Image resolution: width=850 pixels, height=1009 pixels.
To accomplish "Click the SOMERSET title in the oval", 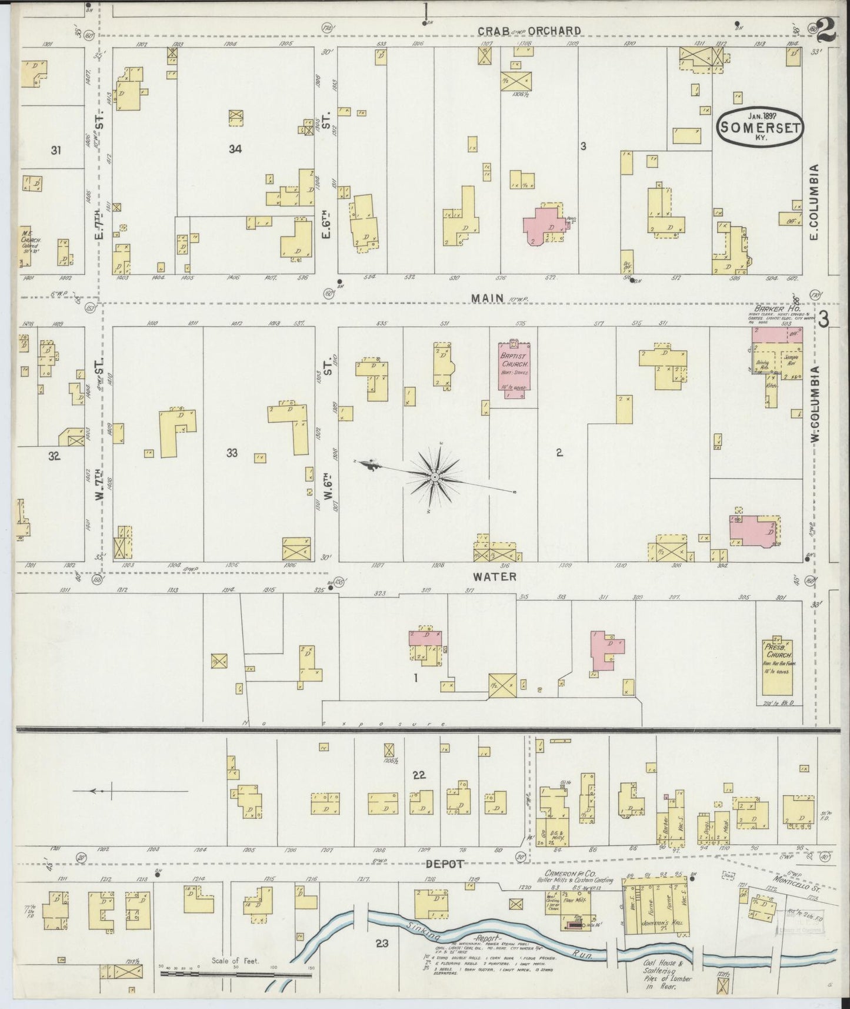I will [761, 127].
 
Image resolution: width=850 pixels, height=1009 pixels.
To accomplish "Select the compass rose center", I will [434, 476].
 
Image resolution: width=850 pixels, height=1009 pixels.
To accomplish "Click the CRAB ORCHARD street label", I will [529, 31].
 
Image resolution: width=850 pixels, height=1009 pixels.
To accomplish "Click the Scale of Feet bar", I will [235, 974].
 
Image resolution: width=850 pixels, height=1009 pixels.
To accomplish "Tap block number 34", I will [235, 150].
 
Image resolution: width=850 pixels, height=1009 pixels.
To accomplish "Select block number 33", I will [232, 453].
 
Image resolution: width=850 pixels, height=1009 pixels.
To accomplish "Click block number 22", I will [419, 775].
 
